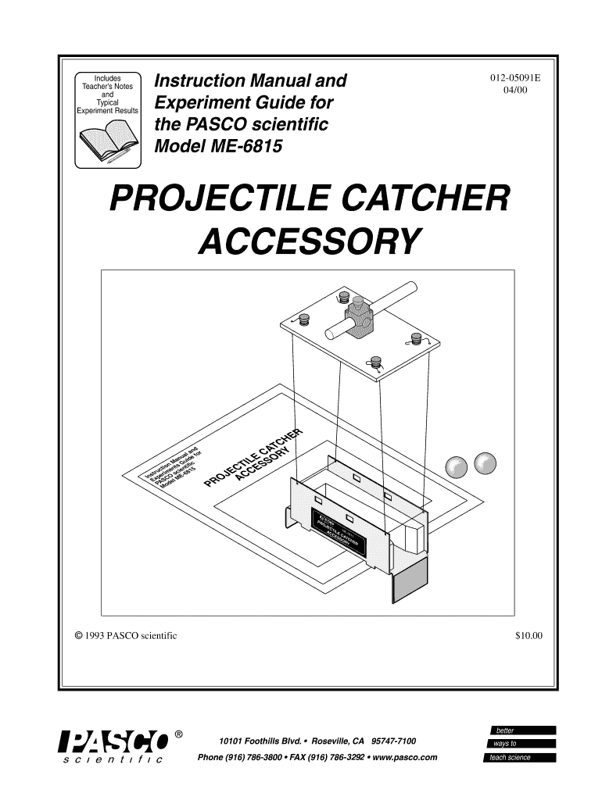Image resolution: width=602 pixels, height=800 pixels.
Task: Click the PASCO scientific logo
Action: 115,745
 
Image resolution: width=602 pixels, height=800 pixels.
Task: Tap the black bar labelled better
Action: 518,730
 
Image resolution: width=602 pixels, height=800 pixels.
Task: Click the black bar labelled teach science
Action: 518,757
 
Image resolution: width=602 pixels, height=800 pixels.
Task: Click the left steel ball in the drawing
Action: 456,466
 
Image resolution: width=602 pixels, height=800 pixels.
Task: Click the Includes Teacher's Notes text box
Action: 107,94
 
